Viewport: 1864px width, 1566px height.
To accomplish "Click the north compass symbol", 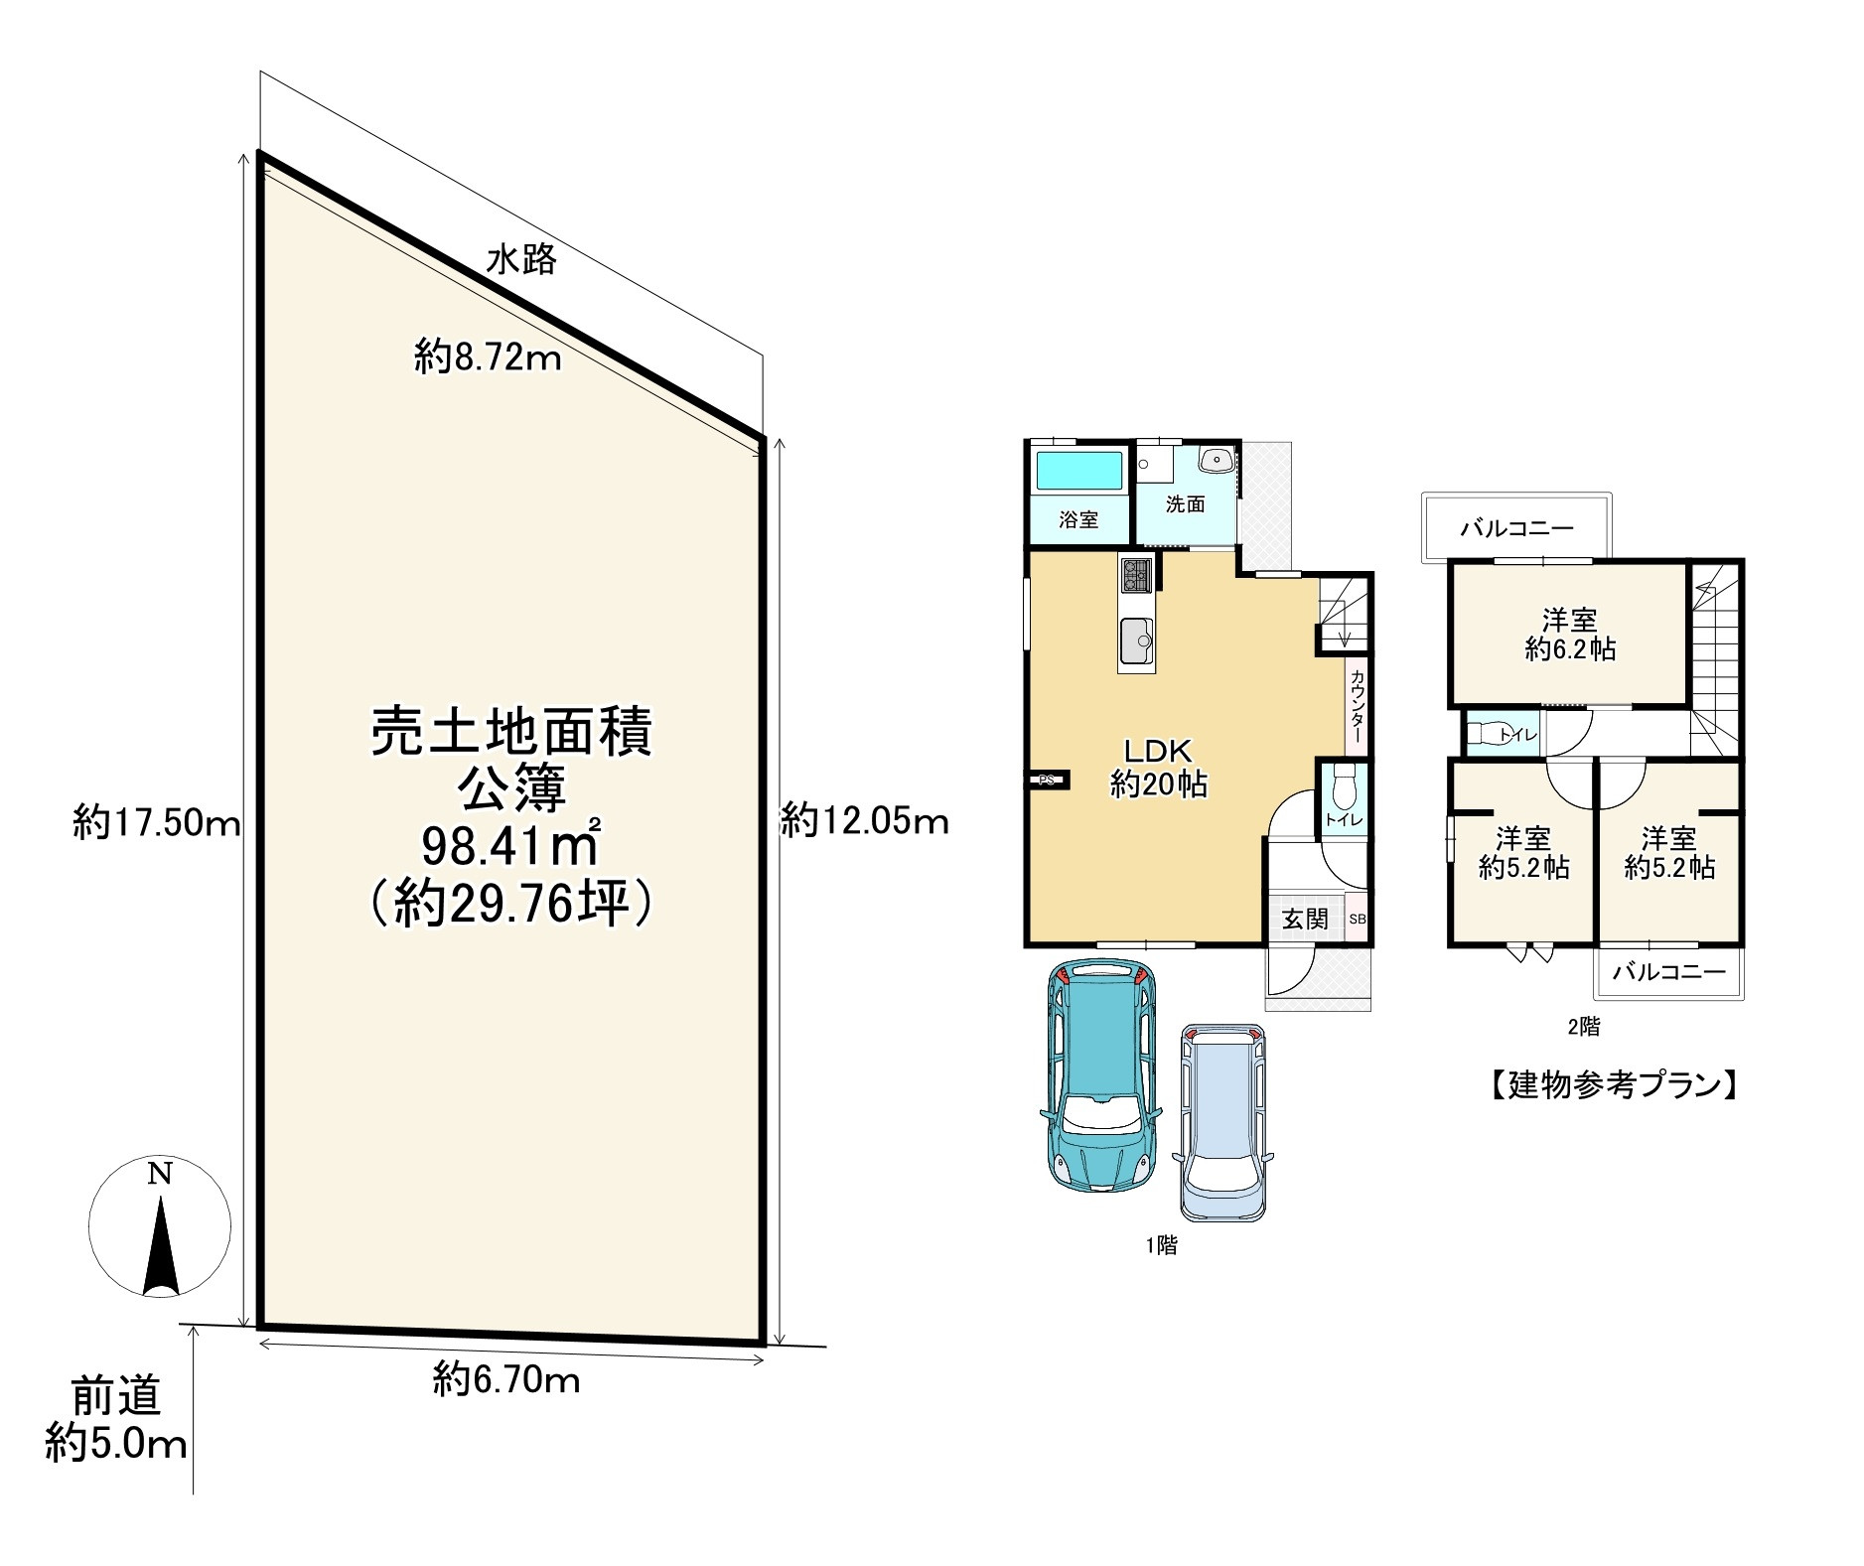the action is tap(160, 1227).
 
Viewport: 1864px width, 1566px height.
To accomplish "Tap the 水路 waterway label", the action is tap(521, 260).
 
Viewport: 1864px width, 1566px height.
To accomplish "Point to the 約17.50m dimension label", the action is tap(157, 823).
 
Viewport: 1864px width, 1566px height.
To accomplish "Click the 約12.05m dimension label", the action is tap(864, 821).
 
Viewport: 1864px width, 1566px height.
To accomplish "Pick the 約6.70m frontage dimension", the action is tap(506, 1379).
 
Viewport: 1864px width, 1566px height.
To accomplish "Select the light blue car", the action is tap(1223, 1122).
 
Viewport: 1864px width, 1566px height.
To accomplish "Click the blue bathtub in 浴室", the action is tap(1079, 470).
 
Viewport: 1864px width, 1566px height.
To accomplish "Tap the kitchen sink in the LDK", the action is tap(1137, 640).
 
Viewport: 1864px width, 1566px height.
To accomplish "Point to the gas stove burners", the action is tap(1137, 575).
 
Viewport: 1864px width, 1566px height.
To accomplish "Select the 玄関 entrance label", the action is tap(1304, 918).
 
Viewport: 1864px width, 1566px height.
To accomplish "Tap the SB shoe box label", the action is tap(1357, 919).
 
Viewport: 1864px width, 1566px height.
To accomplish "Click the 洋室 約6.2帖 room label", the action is tap(1570, 635).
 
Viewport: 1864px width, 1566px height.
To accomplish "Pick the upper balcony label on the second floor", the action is tap(1516, 528).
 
